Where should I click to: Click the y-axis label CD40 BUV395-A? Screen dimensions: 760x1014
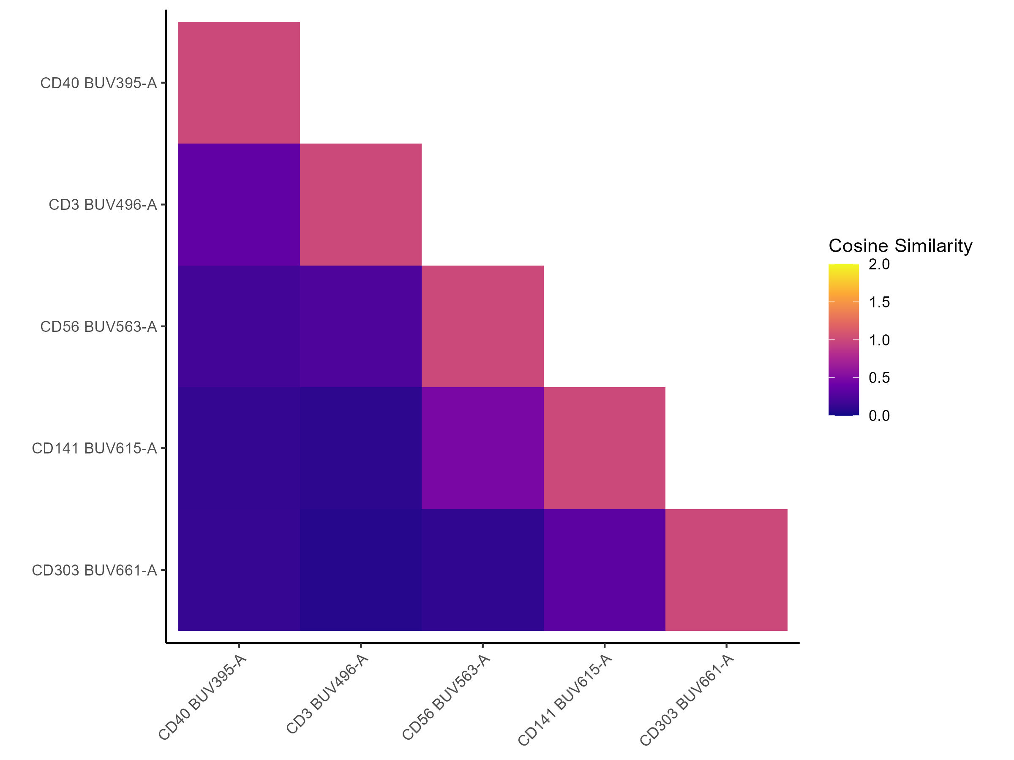click(x=98, y=83)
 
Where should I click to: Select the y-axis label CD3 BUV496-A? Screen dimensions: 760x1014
click(x=103, y=205)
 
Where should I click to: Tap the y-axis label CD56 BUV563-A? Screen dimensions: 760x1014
click(x=98, y=327)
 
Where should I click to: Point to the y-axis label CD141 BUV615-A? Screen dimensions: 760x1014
click(x=95, y=448)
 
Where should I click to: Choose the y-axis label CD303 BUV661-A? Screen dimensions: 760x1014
click(x=95, y=570)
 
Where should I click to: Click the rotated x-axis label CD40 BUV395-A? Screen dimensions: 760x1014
click(x=202, y=697)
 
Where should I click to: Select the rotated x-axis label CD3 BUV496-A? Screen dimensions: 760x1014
click(x=327, y=695)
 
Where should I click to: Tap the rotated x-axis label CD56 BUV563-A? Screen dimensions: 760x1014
click(x=446, y=697)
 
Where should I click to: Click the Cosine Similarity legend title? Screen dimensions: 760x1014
click(x=900, y=246)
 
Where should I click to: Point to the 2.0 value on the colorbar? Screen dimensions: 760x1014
click(x=879, y=264)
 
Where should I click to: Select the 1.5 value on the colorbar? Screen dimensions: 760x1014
click(x=879, y=302)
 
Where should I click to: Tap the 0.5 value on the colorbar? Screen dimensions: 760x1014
click(x=879, y=378)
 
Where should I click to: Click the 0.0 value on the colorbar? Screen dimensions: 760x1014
click(x=879, y=416)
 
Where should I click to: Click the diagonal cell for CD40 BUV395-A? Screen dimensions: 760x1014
click(x=239, y=83)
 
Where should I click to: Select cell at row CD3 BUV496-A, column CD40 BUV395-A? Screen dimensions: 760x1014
click(x=239, y=205)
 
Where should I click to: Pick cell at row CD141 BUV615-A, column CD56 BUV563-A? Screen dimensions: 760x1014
click(x=482, y=448)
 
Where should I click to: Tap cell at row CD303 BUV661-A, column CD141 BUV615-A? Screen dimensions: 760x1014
click(x=604, y=570)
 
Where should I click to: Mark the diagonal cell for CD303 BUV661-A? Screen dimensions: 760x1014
click(x=726, y=570)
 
